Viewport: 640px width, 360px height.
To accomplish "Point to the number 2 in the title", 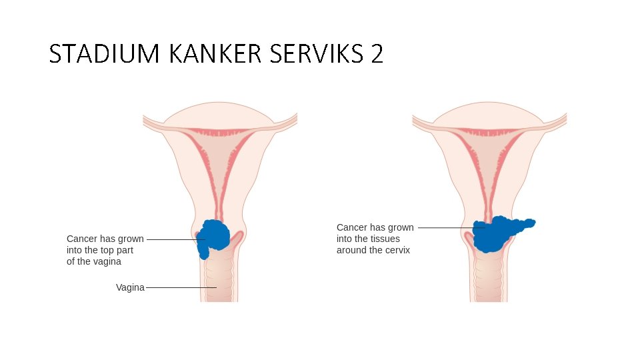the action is tap(377, 54).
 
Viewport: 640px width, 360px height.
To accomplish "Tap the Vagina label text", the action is tap(130, 287).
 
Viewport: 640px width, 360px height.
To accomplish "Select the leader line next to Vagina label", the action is tap(180, 287).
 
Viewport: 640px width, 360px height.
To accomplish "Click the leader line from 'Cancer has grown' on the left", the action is tap(173, 239).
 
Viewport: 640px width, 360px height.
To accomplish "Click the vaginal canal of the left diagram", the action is tap(219, 280).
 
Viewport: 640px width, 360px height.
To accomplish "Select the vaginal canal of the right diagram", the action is tap(489, 280).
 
